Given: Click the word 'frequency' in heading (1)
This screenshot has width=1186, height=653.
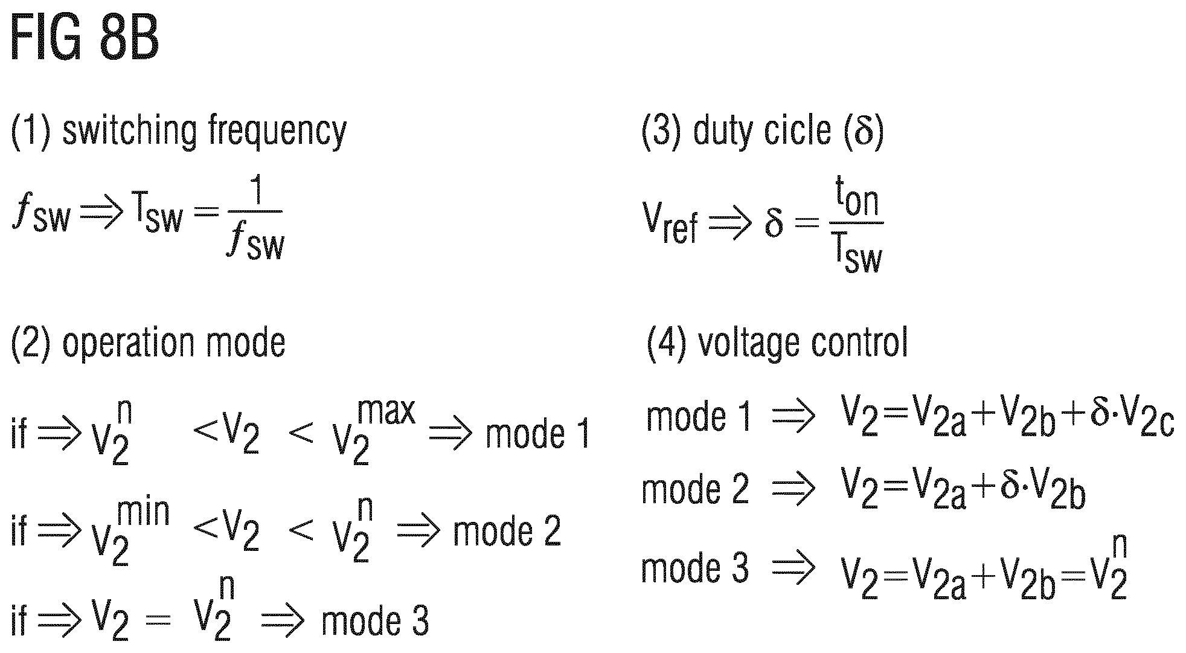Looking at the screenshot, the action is (278, 131).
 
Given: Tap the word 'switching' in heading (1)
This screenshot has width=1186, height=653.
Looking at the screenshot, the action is (130, 131).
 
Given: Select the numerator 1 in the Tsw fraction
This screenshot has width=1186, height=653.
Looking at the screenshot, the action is (258, 192).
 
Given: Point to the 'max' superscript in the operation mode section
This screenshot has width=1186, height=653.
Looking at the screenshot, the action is (386, 411).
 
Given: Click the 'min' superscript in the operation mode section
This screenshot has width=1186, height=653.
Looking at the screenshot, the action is (144, 512).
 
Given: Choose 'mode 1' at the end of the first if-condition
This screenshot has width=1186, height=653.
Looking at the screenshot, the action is (537, 434).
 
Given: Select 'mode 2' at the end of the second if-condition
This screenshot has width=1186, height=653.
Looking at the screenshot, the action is (507, 531).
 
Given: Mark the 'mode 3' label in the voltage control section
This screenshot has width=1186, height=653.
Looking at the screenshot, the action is (694, 568).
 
